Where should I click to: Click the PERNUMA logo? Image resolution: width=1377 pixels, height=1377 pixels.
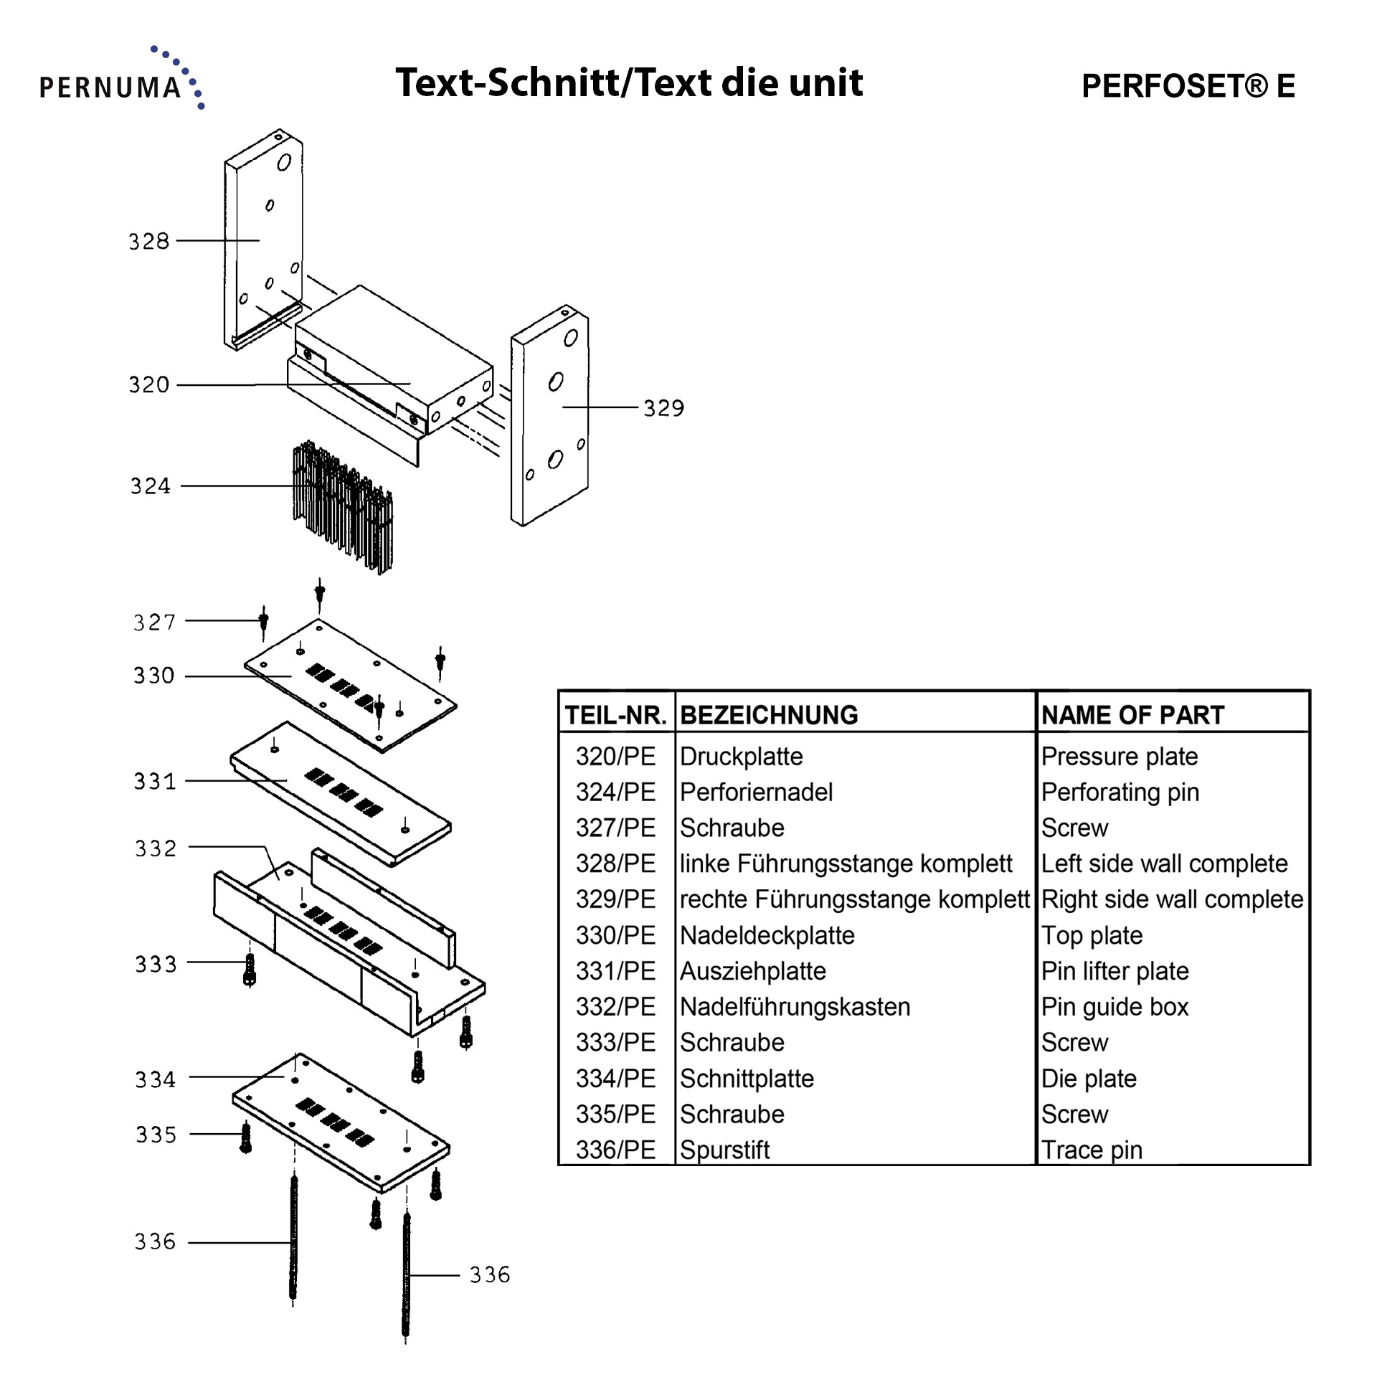(122, 78)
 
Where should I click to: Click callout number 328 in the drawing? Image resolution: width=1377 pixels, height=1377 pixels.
(149, 241)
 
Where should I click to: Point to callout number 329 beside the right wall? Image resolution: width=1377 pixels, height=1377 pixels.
(663, 408)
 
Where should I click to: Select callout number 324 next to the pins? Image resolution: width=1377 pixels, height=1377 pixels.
(151, 486)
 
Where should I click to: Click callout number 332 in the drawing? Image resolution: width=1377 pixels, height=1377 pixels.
(156, 848)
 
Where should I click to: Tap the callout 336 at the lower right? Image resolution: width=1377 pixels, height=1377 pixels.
(490, 1274)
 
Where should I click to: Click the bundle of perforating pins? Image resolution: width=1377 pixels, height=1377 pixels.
(343, 507)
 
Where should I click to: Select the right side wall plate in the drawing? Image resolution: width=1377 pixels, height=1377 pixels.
(550, 416)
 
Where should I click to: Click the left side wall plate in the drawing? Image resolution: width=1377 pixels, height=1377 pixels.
(263, 240)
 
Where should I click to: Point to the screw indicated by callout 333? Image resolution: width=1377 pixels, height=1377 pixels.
(250, 970)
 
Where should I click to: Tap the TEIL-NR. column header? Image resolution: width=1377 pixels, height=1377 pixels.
(616, 715)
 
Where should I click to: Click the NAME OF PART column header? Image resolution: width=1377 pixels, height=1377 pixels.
(1132, 715)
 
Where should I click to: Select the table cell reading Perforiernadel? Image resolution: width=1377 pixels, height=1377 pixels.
(756, 792)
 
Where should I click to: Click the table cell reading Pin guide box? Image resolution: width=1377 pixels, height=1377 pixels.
(1115, 1007)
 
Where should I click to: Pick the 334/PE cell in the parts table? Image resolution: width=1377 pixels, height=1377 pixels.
(615, 1079)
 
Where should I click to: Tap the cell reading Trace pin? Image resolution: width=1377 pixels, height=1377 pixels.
(1092, 1150)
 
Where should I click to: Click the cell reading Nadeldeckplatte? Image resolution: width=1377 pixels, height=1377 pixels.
(767, 936)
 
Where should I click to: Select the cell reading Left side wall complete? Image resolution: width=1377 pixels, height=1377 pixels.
(1165, 864)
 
